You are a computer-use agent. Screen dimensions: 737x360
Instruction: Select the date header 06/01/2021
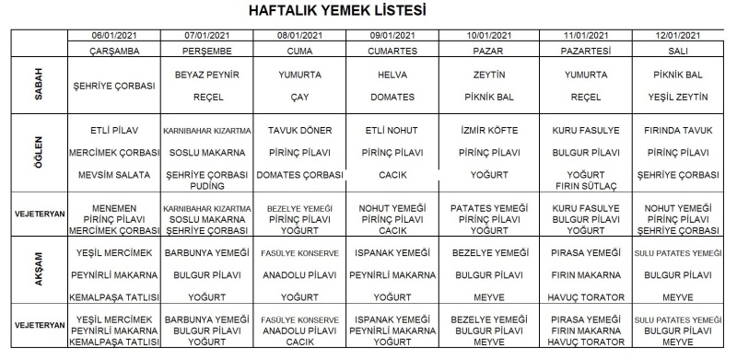click(114, 35)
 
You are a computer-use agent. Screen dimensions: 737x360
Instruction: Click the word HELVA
click(392, 74)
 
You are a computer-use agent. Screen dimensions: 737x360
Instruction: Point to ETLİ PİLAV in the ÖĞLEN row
click(114, 130)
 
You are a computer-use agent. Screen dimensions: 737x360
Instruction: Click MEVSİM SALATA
click(114, 174)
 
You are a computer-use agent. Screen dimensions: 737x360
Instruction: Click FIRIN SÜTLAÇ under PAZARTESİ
click(586, 184)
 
